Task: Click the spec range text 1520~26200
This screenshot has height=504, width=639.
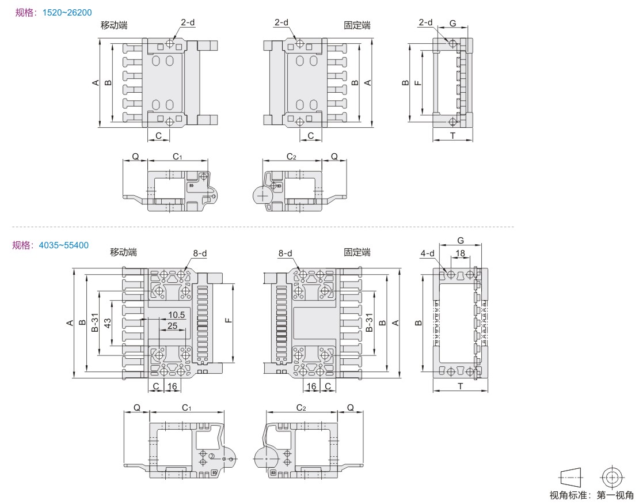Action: pyautogui.click(x=67, y=13)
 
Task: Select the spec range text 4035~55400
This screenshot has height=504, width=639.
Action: pyautogui.click(x=63, y=245)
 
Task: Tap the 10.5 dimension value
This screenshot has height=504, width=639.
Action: pyautogui.click(x=177, y=315)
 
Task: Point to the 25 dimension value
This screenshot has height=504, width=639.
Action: pyautogui.click(x=172, y=326)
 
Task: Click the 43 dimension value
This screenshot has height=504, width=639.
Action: pyautogui.click(x=107, y=323)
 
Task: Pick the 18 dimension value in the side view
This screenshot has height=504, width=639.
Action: pyautogui.click(x=460, y=253)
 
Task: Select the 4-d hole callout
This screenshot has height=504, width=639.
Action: pyautogui.click(x=428, y=253)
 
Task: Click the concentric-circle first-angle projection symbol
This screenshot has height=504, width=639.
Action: pyautogui.click(x=612, y=477)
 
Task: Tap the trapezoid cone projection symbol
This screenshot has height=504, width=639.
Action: pyautogui.click(x=571, y=477)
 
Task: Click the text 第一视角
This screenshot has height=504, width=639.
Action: pyautogui.click(x=615, y=495)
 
